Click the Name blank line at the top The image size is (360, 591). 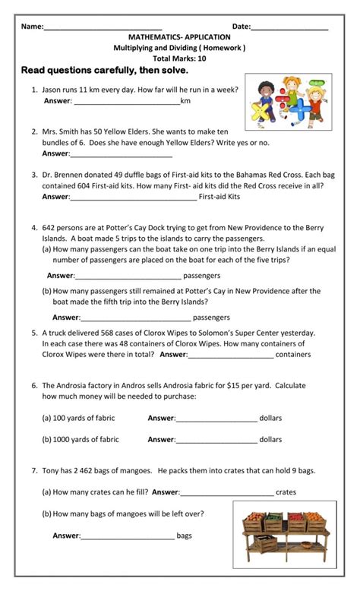click(x=103, y=28)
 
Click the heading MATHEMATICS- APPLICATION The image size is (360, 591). click(x=180, y=36)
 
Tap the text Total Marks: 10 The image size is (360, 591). click(x=179, y=58)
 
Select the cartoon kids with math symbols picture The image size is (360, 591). click(x=288, y=101)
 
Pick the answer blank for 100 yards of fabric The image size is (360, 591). click(x=216, y=419)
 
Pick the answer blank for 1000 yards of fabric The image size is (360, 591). click(x=216, y=440)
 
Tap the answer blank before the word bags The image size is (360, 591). click(x=127, y=536)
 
